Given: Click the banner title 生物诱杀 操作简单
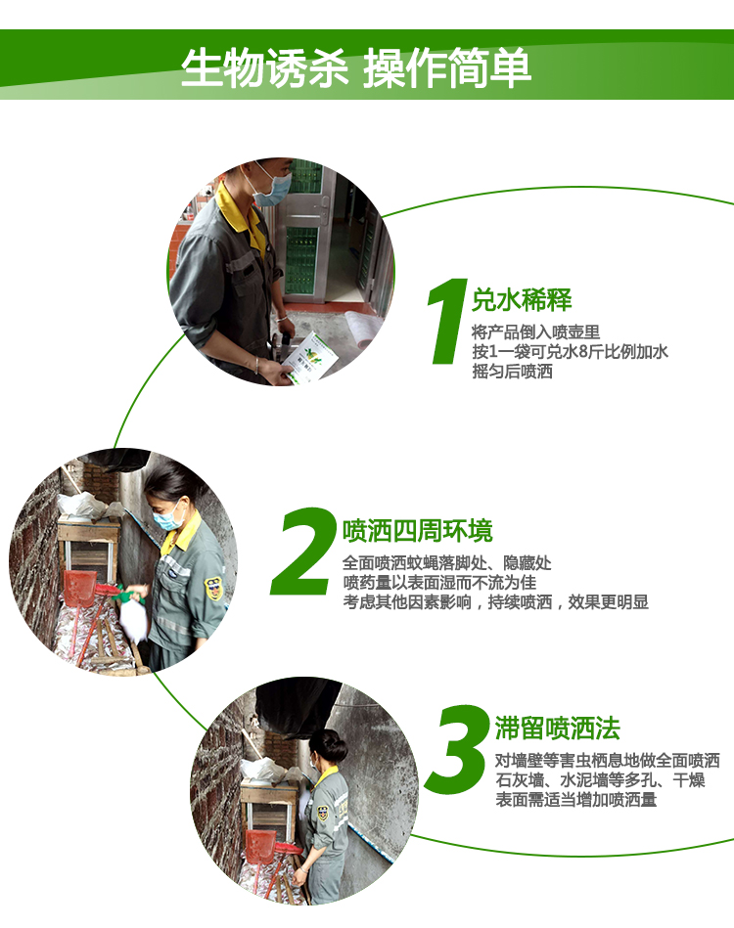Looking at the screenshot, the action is (x=355, y=68).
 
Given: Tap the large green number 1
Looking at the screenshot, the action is (x=448, y=321).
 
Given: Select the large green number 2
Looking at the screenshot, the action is (x=303, y=551).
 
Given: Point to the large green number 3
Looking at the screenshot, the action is (x=457, y=749).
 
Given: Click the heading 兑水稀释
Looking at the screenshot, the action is (x=522, y=299).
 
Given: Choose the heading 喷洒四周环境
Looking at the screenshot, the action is (x=418, y=530).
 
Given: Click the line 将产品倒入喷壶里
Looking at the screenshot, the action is (x=536, y=332).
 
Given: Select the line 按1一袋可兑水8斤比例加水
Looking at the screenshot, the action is (x=570, y=352).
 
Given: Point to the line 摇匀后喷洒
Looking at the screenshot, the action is (x=513, y=371).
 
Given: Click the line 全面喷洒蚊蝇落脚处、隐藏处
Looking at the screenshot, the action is (x=447, y=563).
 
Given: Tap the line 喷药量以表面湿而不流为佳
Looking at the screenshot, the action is (x=439, y=583).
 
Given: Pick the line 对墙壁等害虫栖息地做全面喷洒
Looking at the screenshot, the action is (x=607, y=761).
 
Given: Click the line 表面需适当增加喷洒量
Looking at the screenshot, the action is (x=575, y=800).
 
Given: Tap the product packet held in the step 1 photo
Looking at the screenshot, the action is (x=309, y=358).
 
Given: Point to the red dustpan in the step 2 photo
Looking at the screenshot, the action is (x=79, y=589).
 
